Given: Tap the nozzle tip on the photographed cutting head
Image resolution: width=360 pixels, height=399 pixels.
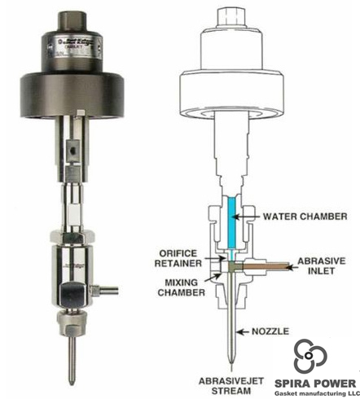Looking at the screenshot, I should pos(72,367).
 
